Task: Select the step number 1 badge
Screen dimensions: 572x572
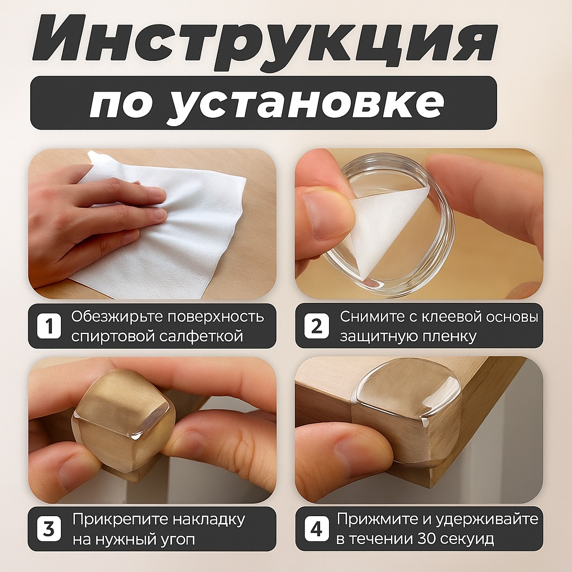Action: click(49, 326)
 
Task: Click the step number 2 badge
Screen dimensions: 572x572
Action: click(317, 326)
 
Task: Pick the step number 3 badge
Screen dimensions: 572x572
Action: click(49, 528)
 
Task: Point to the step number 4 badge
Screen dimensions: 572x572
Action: click(317, 528)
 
